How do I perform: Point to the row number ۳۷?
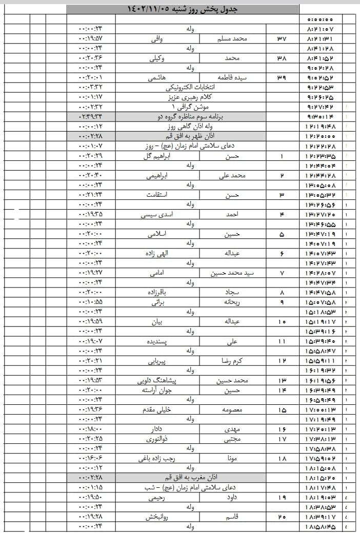tap(282, 38)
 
